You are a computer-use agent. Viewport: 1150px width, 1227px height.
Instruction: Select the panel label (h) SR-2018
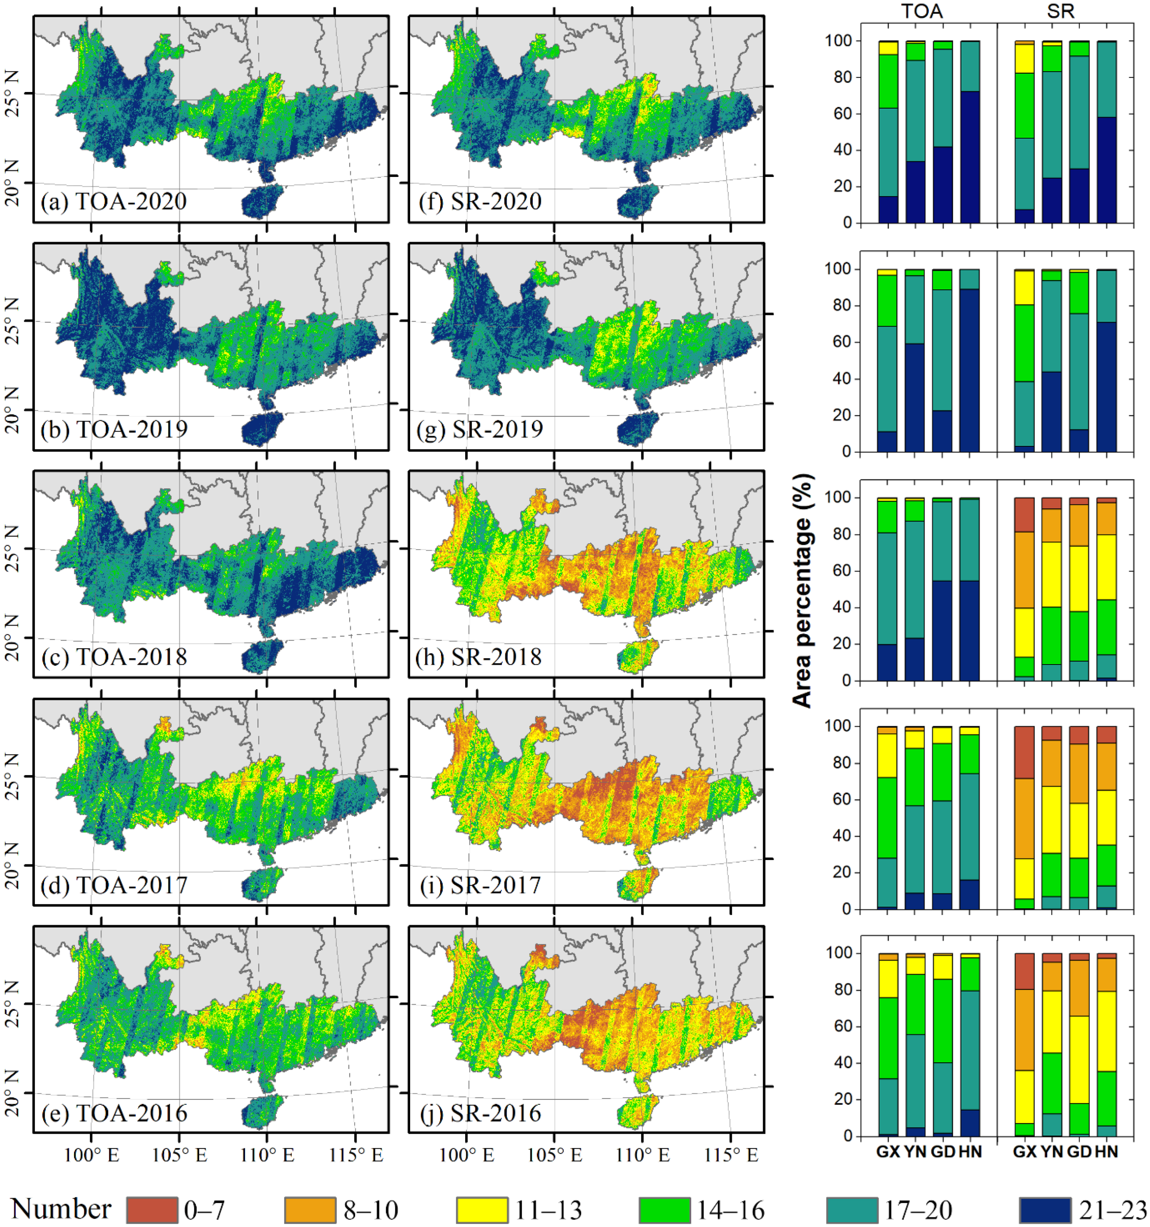coord(479,657)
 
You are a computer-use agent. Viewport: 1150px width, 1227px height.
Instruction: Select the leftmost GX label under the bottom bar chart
coord(888,1152)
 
